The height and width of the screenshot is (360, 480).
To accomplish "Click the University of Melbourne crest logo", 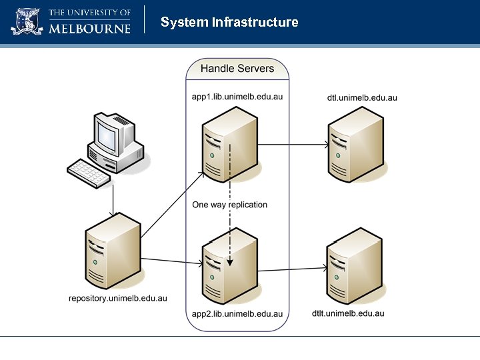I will (27, 21).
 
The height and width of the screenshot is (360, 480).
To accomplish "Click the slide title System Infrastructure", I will (229, 23).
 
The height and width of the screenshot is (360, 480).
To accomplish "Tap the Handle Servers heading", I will (237, 69).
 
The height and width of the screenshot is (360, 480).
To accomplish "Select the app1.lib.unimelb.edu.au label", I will (237, 97).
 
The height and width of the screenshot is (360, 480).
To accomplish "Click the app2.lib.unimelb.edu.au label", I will (237, 313).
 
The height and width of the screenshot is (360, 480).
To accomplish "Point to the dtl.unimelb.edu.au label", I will (362, 97).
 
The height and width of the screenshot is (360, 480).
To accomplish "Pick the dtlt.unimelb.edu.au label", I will (348, 313).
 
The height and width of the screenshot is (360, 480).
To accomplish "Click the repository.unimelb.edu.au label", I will (118, 297).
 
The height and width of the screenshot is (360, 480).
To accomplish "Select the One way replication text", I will (229, 205).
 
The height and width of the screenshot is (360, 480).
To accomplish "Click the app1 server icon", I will (231, 143).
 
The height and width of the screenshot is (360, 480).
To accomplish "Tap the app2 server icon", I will (231, 267).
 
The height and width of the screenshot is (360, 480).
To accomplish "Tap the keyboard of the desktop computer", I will (89, 173).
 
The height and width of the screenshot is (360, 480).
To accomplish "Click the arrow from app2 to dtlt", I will (293, 270).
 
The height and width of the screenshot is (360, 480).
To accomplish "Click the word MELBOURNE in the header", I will (90, 29).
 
